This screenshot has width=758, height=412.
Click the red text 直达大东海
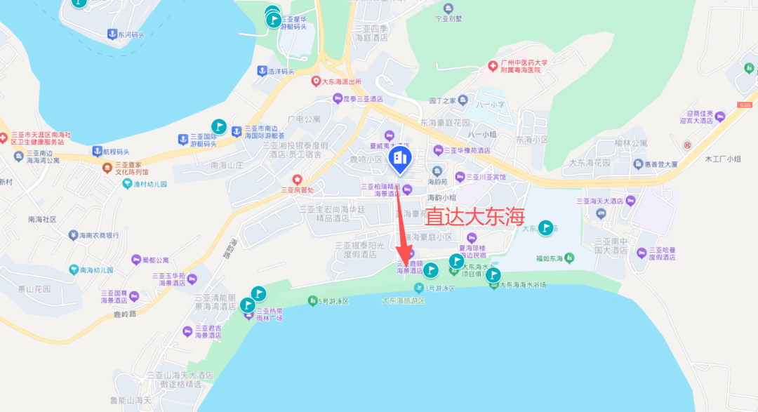click(x=476, y=216)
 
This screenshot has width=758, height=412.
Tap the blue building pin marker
click(x=401, y=160)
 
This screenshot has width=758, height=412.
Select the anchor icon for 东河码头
click(x=111, y=34)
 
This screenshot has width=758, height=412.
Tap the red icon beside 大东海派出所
click(x=316, y=81)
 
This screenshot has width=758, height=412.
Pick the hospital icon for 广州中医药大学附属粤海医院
click(x=493, y=66)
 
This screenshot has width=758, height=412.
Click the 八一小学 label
click(x=491, y=105)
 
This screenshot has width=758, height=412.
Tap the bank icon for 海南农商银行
click(x=72, y=234)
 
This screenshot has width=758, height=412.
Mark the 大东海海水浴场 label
click(x=523, y=285)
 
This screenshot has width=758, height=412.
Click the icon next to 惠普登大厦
click(x=638, y=164)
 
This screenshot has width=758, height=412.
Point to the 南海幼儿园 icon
click(x=73, y=270)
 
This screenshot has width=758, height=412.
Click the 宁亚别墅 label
click(x=449, y=18)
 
